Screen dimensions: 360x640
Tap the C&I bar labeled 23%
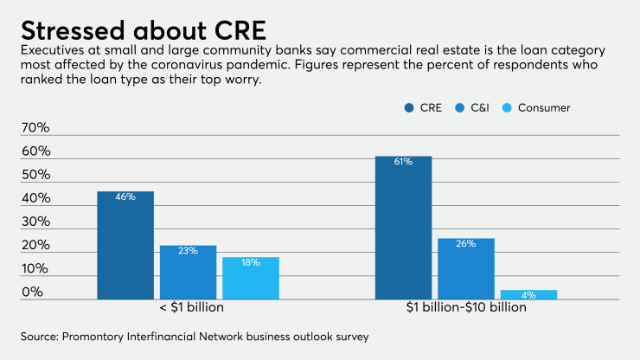point(188,272)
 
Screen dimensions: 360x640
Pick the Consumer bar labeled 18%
point(251,278)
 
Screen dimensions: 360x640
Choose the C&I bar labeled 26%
point(466,268)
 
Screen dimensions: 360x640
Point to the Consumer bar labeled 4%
point(528,294)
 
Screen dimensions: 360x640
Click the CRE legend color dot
point(409,108)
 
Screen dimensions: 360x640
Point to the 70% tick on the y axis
point(35,128)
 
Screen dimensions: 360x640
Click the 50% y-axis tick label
point(35,175)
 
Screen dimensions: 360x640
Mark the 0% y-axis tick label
point(32,292)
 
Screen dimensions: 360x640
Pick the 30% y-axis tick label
point(35,222)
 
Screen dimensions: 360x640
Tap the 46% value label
point(125,197)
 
